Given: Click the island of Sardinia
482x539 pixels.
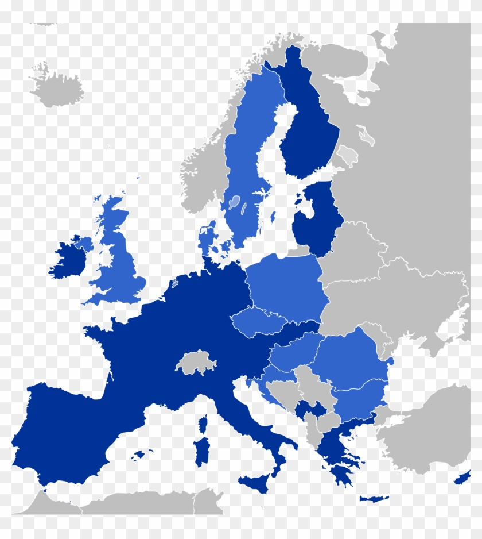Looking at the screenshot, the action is (x=201, y=451).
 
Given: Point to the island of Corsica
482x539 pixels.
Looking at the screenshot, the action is (x=203, y=425).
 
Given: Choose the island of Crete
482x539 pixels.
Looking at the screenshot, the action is (x=373, y=499).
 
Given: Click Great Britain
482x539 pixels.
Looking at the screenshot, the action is (x=118, y=259).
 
